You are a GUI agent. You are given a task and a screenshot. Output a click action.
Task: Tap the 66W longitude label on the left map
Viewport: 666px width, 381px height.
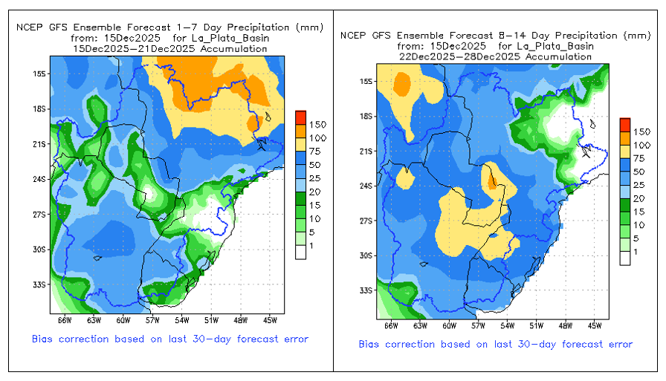65,321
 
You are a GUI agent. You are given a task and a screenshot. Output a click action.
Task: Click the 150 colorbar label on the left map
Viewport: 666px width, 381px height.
317,123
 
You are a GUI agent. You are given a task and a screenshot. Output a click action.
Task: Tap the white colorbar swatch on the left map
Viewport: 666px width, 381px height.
300,251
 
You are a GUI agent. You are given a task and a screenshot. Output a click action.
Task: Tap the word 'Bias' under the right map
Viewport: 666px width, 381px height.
372,344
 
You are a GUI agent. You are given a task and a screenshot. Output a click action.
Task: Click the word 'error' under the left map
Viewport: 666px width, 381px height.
292,339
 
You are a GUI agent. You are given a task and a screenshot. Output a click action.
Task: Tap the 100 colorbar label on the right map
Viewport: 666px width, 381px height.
643,145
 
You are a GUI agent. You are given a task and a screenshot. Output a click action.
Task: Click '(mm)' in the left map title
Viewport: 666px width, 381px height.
308,27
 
